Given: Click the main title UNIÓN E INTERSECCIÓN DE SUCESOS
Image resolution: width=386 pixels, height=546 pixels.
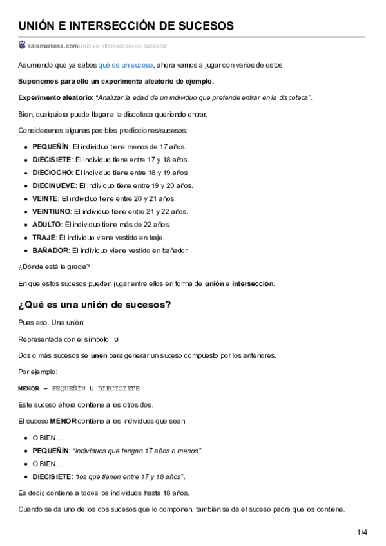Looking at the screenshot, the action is tap(126, 26).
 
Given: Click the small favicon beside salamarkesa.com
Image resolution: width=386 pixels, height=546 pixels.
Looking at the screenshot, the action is tap(22, 45).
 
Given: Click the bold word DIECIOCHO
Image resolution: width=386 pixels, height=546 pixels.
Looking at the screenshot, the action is tap(53, 173).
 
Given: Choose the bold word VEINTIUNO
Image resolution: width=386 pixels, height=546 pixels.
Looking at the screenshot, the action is tap(52, 211).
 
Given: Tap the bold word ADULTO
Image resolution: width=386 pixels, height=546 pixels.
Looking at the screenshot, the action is tap(46, 224).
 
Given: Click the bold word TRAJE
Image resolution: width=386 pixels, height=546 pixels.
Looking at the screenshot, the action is tap(44, 237).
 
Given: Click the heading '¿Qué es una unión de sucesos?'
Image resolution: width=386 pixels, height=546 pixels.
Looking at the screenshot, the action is tap(94, 305).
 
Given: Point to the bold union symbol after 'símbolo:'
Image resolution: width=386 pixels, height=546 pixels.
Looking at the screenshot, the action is tap(116, 339).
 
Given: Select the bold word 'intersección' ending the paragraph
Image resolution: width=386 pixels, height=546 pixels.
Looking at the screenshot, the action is tap(253, 283).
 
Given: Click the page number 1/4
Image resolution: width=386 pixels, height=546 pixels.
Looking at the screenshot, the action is tap(362, 532).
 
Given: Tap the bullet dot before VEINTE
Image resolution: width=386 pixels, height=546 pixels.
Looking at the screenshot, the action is tap(26, 199).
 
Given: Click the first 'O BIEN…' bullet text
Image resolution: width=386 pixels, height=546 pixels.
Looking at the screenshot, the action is tap(48, 438).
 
